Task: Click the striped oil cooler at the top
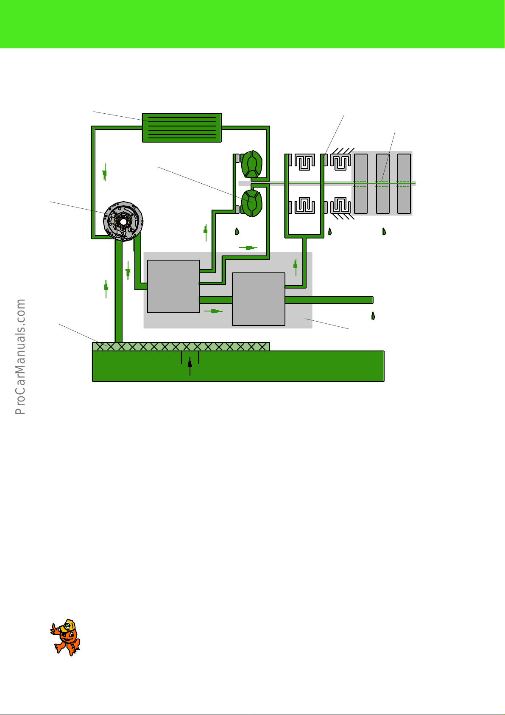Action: pyautogui.click(x=181, y=128)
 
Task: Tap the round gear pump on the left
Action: pyautogui.click(x=123, y=221)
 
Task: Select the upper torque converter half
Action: pyautogui.click(x=252, y=164)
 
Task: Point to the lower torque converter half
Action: pyautogui.click(x=252, y=203)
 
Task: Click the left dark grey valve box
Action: pyautogui.click(x=173, y=286)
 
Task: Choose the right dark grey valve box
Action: pyautogui.click(x=259, y=299)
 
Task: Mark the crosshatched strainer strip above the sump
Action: pyautogui.click(x=181, y=346)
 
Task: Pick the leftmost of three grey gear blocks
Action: pyautogui.click(x=361, y=183)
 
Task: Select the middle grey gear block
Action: pyautogui.click(x=382, y=183)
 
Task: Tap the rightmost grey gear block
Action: pyautogui.click(x=404, y=183)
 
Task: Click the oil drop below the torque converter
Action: pyautogui.click(x=237, y=232)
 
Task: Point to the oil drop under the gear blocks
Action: pyautogui.click(x=384, y=231)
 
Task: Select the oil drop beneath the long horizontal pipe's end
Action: pyautogui.click(x=373, y=316)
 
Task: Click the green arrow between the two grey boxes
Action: pyautogui.click(x=214, y=311)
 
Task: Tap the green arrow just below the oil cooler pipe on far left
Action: pyautogui.click(x=104, y=173)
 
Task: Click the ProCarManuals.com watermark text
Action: pyautogui.click(x=20, y=356)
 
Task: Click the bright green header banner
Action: pyautogui.click(x=252, y=24)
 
